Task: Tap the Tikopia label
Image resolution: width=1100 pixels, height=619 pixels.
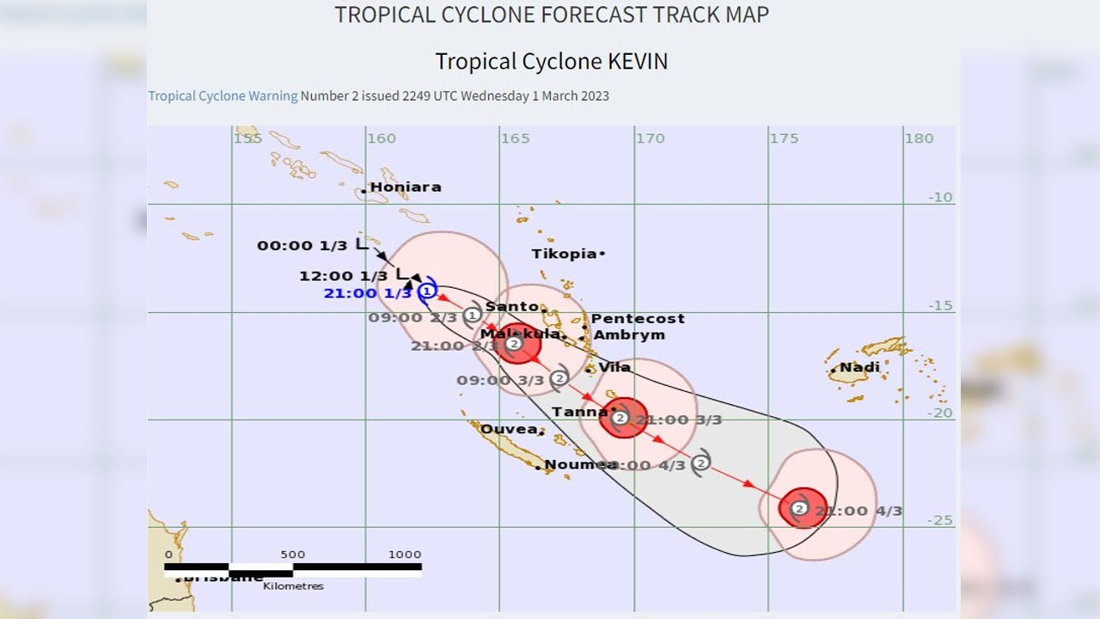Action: [564, 254]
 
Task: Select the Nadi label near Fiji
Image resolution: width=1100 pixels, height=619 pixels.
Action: [860, 367]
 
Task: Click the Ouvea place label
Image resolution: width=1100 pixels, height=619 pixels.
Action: [509, 429]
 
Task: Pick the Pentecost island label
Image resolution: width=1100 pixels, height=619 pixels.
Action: [638, 318]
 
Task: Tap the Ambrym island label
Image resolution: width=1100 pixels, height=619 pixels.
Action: [629, 334]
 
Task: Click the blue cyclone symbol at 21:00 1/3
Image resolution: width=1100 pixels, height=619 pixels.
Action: [427, 291]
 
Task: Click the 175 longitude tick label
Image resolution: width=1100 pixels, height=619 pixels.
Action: [784, 138]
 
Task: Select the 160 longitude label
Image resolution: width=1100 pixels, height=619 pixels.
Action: [382, 138]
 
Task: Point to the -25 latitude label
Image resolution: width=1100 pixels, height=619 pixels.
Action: [940, 520]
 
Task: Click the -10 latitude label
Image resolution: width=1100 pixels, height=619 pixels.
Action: [940, 197]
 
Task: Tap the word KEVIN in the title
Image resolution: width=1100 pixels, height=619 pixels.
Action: [638, 61]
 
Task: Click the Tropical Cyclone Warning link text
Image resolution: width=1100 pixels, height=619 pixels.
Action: [223, 95]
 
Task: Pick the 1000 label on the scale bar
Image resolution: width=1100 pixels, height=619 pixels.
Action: [405, 555]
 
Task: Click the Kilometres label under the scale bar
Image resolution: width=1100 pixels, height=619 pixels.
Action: [293, 586]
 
